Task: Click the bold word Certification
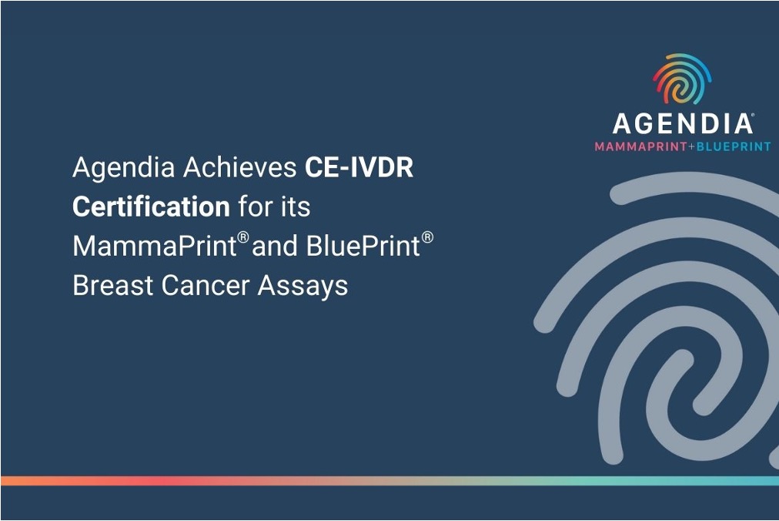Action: click(151, 207)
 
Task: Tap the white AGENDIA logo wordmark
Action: click(682, 124)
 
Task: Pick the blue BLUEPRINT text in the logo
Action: click(732, 146)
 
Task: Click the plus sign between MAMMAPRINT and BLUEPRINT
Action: click(689, 146)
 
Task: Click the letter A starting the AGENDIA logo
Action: click(622, 124)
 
